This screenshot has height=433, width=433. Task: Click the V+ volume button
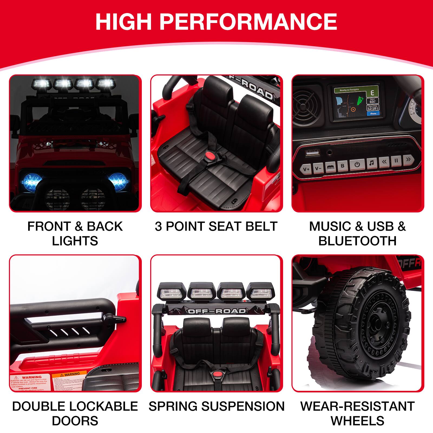306,169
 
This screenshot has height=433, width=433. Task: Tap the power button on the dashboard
357,165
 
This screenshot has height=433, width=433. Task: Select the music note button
372,163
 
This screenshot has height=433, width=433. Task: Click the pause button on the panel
396,160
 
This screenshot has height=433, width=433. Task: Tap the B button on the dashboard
343,166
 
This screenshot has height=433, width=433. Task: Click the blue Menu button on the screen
373,114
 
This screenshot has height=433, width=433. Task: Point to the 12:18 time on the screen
372,109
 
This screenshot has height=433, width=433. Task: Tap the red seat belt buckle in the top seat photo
209,156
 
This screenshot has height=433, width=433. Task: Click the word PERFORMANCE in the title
248,22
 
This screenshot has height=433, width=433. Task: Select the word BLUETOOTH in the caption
357,241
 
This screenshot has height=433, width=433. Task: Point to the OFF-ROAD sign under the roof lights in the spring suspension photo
217,311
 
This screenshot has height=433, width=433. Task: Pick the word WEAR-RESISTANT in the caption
357,406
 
